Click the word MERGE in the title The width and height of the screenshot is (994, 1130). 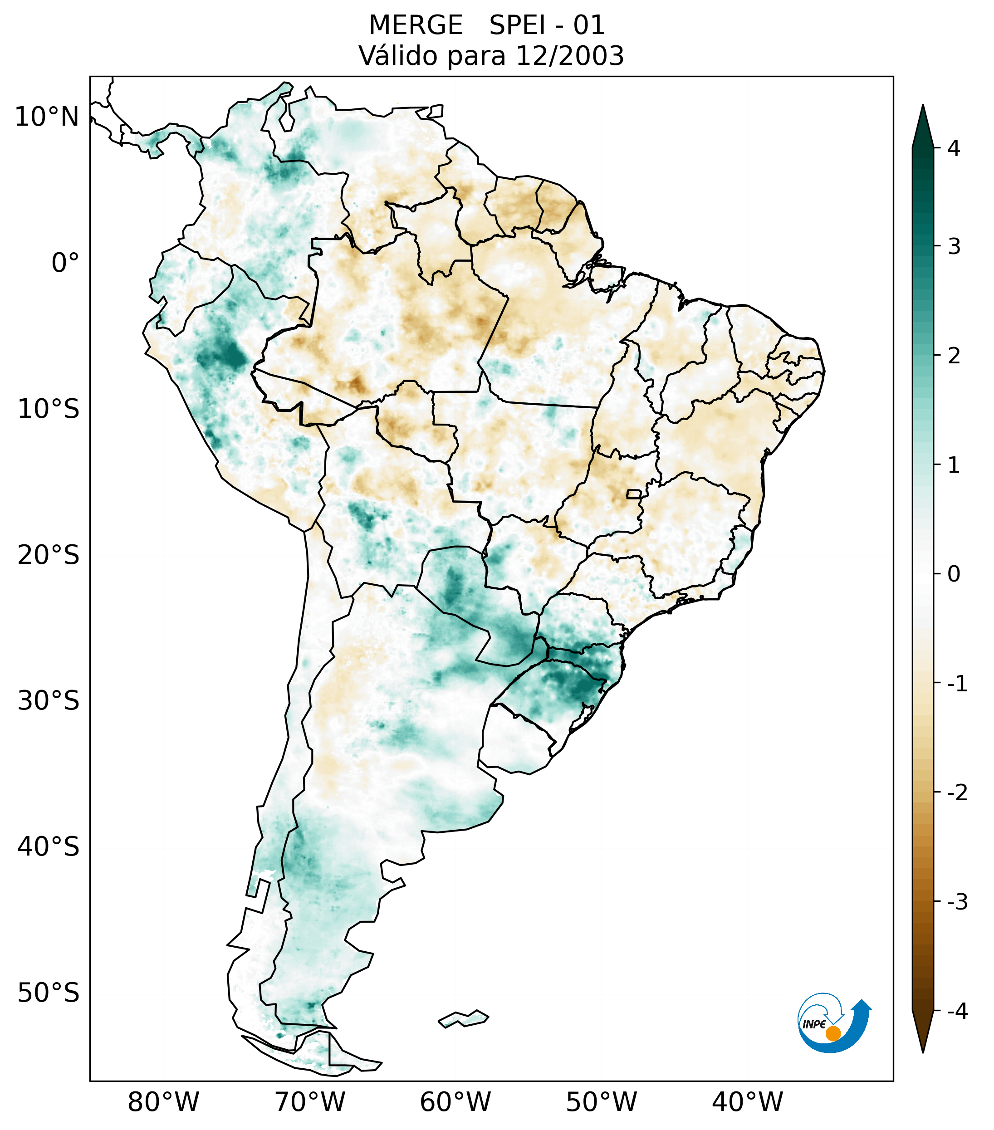(x=415, y=25)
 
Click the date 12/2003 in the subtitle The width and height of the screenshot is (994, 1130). (x=569, y=56)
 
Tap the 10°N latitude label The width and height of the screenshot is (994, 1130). (x=47, y=117)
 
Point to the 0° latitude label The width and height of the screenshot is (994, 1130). (x=65, y=263)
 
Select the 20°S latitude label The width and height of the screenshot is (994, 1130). (x=49, y=555)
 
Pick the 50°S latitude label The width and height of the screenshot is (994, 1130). (x=49, y=993)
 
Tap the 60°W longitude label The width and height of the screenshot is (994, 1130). (x=455, y=1102)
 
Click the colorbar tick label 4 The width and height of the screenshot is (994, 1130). (x=954, y=148)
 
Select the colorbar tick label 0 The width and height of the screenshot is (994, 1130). (x=954, y=574)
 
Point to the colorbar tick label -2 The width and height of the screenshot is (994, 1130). (x=957, y=793)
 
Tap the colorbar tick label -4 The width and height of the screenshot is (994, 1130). (x=957, y=1011)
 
